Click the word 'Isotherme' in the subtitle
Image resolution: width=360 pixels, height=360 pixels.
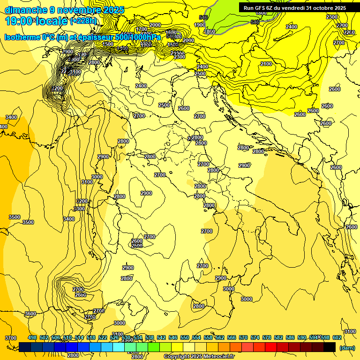coord(23,37)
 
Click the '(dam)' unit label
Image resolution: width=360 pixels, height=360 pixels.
coord(347,347)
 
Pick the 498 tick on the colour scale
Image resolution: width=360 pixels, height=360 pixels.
coord(32,338)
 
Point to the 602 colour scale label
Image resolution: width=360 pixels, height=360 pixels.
coord(337,338)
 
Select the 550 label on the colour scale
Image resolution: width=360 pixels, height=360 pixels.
coord(185,338)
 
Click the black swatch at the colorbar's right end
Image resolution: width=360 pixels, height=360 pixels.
coord(330,347)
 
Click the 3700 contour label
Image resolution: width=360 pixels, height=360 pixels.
coord(10,338)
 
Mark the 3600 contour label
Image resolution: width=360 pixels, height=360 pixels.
coord(30,314)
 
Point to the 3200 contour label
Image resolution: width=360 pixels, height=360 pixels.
coord(82,201)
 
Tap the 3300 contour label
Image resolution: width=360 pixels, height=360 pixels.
coord(79,209)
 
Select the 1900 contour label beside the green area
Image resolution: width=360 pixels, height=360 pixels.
coord(200,25)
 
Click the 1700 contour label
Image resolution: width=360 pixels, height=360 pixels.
coord(142,30)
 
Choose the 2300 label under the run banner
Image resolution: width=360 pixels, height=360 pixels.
coord(332,17)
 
